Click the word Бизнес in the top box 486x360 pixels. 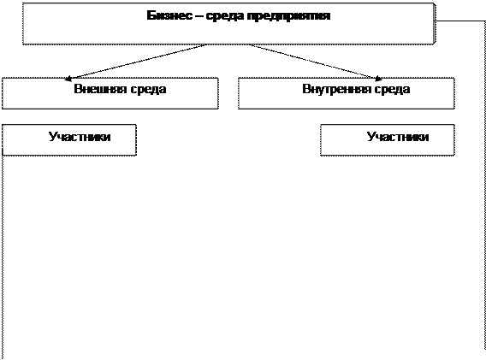pyautogui.click(x=169, y=15)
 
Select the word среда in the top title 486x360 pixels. pyautogui.click(x=225, y=16)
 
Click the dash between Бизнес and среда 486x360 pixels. pyautogui.click(x=199, y=15)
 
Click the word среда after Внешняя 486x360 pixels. pyautogui.click(x=148, y=90)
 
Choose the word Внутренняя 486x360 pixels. pyautogui.click(x=336, y=89)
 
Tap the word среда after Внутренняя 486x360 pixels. pyautogui.click(x=392, y=90)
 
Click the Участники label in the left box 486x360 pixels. pyautogui.click(x=80, y=137)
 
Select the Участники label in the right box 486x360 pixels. pyautogui.click(x=398, y=137)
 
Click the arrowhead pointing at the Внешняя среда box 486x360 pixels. pyautogui.click(x=68, y=79)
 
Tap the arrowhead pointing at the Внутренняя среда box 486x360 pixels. pyautogui.click(x=378, y=79)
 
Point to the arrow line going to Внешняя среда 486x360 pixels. pyautogui.click(x=135, y=62)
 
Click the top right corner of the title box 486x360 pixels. pyautogui.click(x=435, y=3)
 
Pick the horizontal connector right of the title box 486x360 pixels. pyautogui.click(x=460, y=21)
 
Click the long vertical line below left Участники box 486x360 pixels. pyautogui.click(x=3, y=257)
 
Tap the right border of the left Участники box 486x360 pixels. pyautogui.click(x=136, y=139)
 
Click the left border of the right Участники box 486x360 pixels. pyautogui.click(x=321, y=139)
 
